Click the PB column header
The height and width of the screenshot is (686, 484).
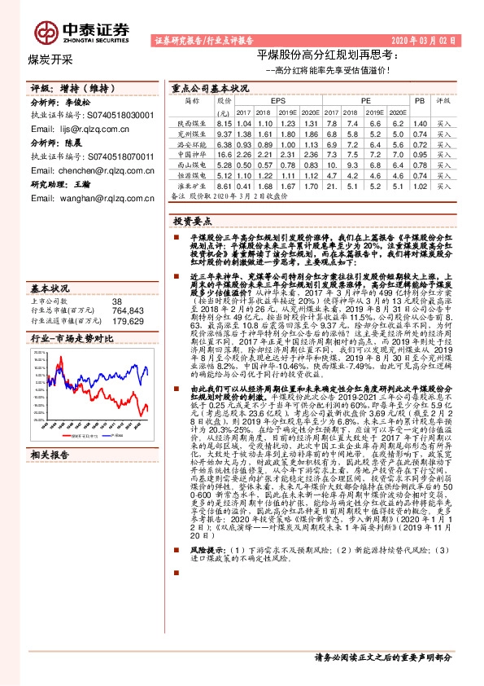420,100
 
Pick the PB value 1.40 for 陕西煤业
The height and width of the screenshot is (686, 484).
420,122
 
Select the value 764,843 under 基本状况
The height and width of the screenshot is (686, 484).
128,310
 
